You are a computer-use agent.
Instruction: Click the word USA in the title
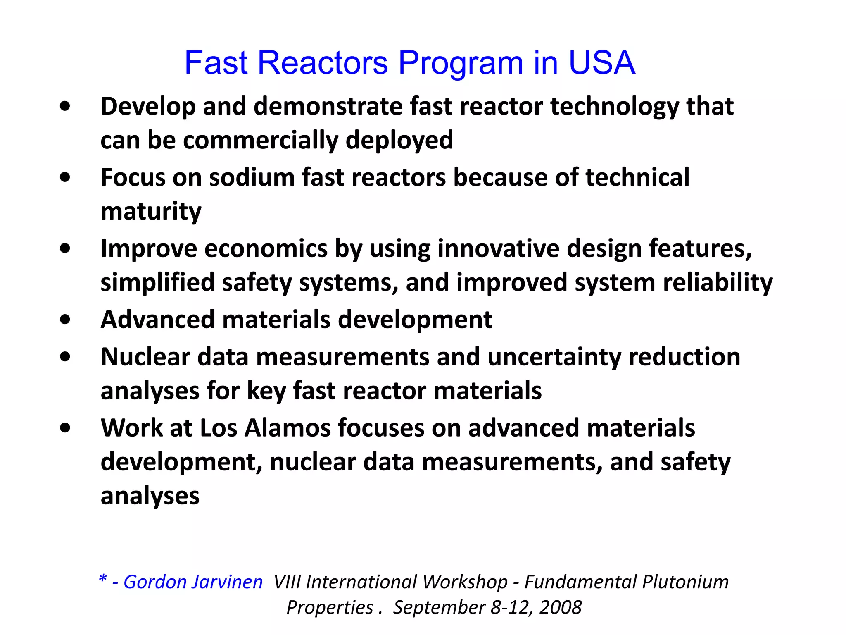point(601,63)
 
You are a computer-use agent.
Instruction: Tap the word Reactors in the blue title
point(323,63)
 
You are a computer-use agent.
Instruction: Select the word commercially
point(261,140)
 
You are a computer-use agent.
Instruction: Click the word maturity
point(151,212)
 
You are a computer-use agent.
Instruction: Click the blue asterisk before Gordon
point(103,579)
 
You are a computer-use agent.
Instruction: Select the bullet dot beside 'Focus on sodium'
point(65,178)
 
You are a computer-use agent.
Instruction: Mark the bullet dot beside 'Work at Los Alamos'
point(65,428)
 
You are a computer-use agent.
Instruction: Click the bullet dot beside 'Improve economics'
point(65,249)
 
